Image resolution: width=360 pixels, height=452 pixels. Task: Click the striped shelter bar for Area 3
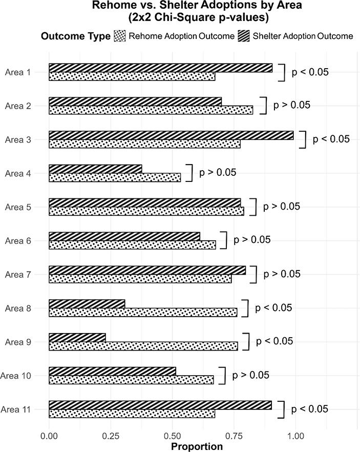171,135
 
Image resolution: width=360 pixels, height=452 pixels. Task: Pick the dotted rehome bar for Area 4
115,177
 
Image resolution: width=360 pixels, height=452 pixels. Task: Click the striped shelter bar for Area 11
160,405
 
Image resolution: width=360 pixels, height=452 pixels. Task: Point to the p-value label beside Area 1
310,72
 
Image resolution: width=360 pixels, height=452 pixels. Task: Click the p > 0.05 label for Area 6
252,240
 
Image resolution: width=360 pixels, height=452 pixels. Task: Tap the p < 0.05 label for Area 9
274,341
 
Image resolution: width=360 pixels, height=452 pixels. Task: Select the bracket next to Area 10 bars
222,375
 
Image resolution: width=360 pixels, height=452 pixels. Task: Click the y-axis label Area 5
18,207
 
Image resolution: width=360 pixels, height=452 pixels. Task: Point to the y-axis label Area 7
18,275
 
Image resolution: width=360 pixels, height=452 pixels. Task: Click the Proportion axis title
197,446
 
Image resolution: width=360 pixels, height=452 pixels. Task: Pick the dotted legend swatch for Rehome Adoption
119,36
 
